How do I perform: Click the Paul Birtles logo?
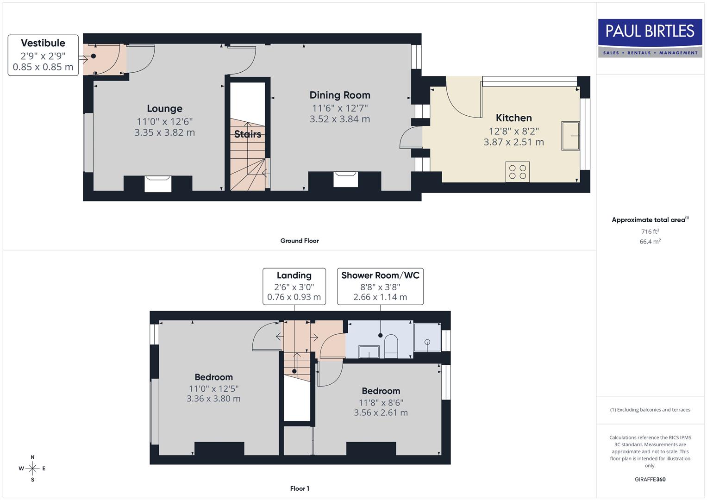(650, 38)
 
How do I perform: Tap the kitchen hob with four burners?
(518, 172)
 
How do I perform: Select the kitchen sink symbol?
(570, 136)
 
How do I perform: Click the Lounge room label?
(164, 109)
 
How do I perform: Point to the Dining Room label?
(340, 95)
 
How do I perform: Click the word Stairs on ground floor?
(248, 134)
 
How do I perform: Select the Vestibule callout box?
(43, 55)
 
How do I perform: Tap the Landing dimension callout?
(294, 286)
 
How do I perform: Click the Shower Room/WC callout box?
(380, 286)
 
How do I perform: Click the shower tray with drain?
(427, 337)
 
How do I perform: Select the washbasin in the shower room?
(369, 352)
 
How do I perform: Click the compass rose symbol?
(32, 469)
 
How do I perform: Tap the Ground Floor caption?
(300, 241)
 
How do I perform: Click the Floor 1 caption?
(300, 488)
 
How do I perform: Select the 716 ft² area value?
(650, 231)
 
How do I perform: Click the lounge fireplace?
(158, 183)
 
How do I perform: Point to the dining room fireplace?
(345, 179)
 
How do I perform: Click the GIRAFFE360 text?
(650, 479)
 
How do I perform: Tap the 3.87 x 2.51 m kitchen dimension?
(513, 143)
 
